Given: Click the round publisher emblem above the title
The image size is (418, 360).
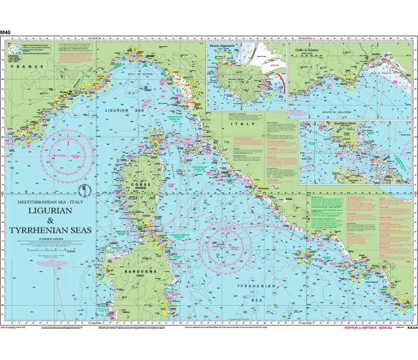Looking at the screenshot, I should (83, 189).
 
